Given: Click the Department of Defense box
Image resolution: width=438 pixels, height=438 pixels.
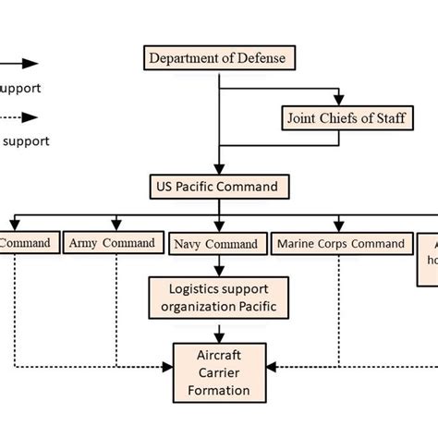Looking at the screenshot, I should [x=218, y=58].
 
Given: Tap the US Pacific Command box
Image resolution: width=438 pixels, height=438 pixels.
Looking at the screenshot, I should [x=218, y=187].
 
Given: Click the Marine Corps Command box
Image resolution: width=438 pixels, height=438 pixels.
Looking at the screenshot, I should [x=340, y=244].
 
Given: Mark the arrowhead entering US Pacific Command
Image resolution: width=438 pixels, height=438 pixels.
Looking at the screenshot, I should [x=218, y=169].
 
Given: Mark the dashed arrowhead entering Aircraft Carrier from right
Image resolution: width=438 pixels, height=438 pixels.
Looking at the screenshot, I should [x=268, y=367].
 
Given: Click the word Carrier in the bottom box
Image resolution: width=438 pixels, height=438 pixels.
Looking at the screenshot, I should [x=218, y=372].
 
